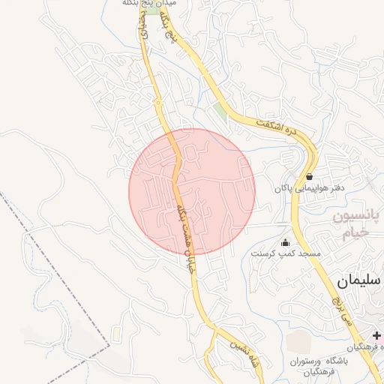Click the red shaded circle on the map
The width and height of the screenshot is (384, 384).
point(192,190)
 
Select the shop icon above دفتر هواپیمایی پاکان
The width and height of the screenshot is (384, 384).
point(309,177)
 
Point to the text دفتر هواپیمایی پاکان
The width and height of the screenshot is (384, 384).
point(308,188)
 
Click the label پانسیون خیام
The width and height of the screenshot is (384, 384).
point(352,225)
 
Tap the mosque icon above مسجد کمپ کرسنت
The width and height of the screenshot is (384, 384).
point(285,242)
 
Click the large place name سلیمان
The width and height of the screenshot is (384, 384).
point(359,280)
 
